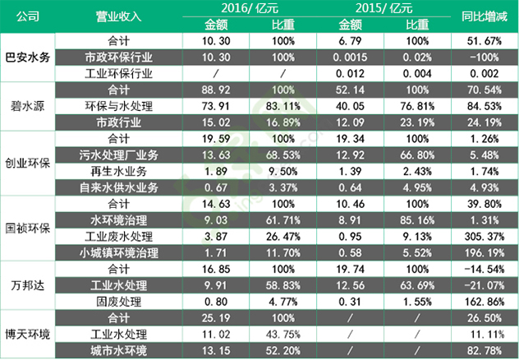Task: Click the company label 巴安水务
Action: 29,58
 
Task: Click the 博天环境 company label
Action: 29,335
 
